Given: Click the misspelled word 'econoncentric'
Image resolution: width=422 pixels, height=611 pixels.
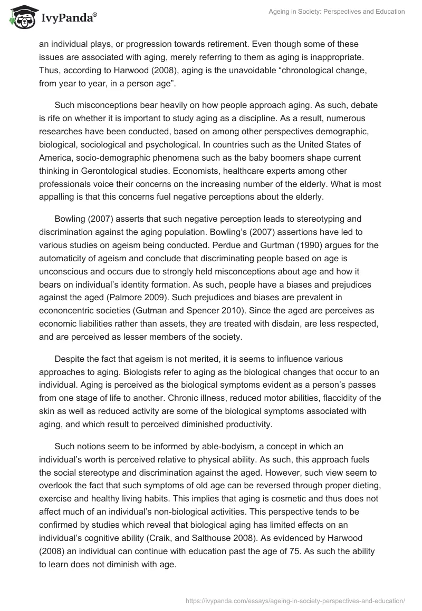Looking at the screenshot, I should [x=66, y=310].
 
